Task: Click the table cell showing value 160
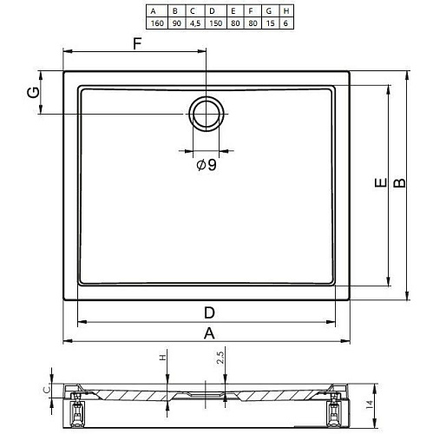click(x=157, y=23)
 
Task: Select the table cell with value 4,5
click(x=195, y=23)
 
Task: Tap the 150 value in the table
click(x=216, y=23)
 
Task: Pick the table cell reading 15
click(x=270, y=23)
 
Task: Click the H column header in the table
click(x=286, y=11)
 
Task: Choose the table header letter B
click(x=175, y=11)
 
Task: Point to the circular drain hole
click(x=207, y=114)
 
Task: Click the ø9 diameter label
click(x=207, y=165)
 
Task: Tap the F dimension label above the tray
click(x=137, y=44)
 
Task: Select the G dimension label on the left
click(x=33, y=92)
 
